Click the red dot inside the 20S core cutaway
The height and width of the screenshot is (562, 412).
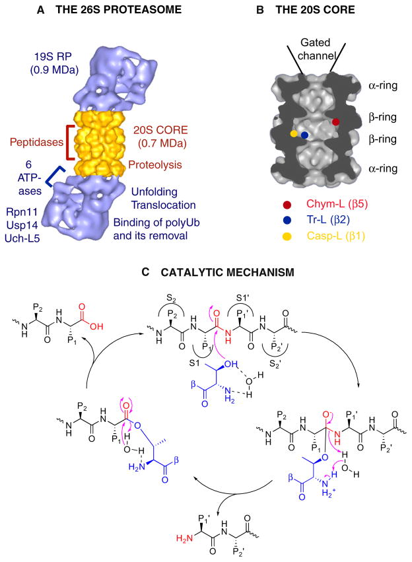pyautogui.click(x=336, y=122)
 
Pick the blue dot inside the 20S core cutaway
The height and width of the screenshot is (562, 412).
pyautogui.click(x=304, y=135)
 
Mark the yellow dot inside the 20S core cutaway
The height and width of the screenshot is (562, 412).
pyautogui.click(x=294, y=134)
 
